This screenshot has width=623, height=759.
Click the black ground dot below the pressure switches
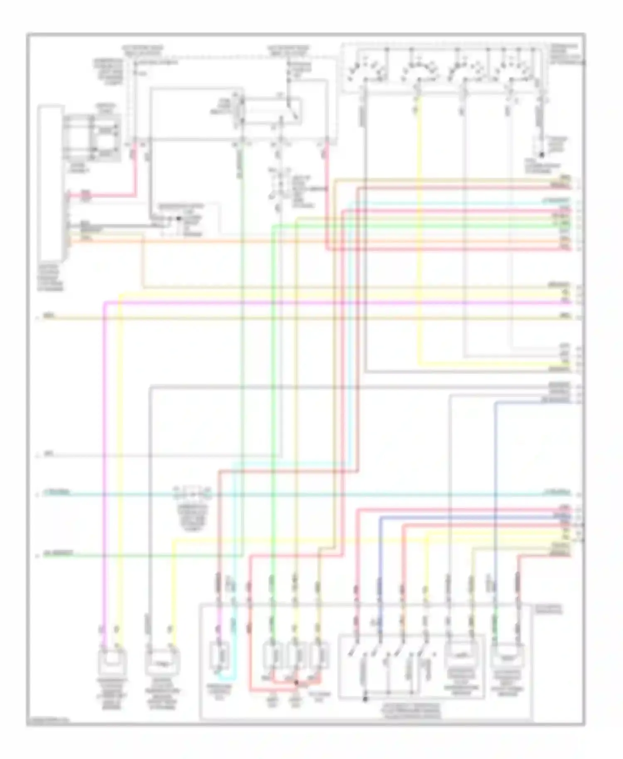tap(365, 698)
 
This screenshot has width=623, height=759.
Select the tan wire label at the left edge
tap(49, 317)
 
